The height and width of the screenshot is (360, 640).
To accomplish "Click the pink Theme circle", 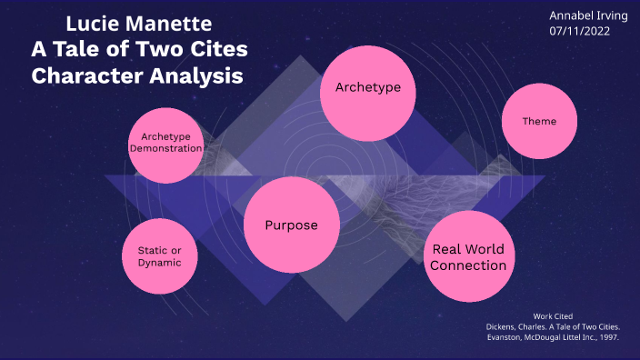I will (x=539, y=121).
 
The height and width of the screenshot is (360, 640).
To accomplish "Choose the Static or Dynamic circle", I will (x=159, y=255).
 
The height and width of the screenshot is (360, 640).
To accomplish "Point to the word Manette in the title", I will (x=173, y=23).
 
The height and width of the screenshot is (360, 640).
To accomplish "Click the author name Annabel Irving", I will (x=582, y=15).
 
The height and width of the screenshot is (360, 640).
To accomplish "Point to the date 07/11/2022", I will (x=579, y=31).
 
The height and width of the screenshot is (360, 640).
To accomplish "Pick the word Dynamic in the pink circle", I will (x=159, y=263).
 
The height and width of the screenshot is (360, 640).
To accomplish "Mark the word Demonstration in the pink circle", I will (x=165, y=147).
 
